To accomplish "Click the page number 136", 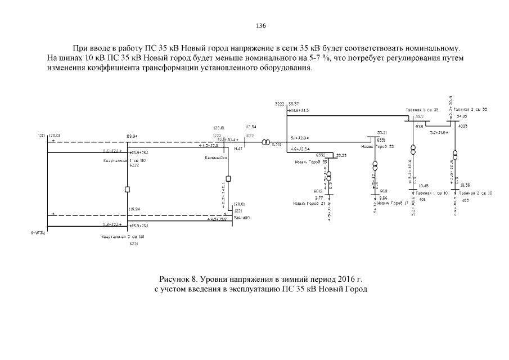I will pyautogui.click(x=260, y=26).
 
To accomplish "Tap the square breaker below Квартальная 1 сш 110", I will pyautogui.click(x=128, y=189).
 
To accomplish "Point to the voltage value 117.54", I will pyautogui.click(x=251, y=127).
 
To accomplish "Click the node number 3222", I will pyautogui.click(x=280, y=104).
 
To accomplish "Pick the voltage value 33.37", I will pyautogui.click(x=293, y=104).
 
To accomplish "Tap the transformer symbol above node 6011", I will pyautogui.click(x=375, y=166).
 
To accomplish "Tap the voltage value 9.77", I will pyautogui.click(x=318, y=198).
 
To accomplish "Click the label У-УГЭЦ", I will pyautogui.click(x=38, y=232).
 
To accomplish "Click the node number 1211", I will pyautogui.click(x=41, y=136).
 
